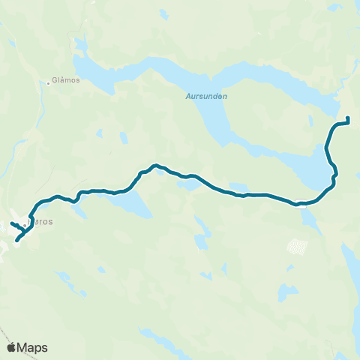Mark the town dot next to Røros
(x=25, y=223)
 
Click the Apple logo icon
(x=12, y=347)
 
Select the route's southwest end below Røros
(x=16, y=241)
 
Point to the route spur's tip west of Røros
(x=11, y=224)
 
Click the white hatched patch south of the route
(x=298, y=247)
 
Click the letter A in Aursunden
(x=187, y=96)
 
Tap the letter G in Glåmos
(x=55, y=83)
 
